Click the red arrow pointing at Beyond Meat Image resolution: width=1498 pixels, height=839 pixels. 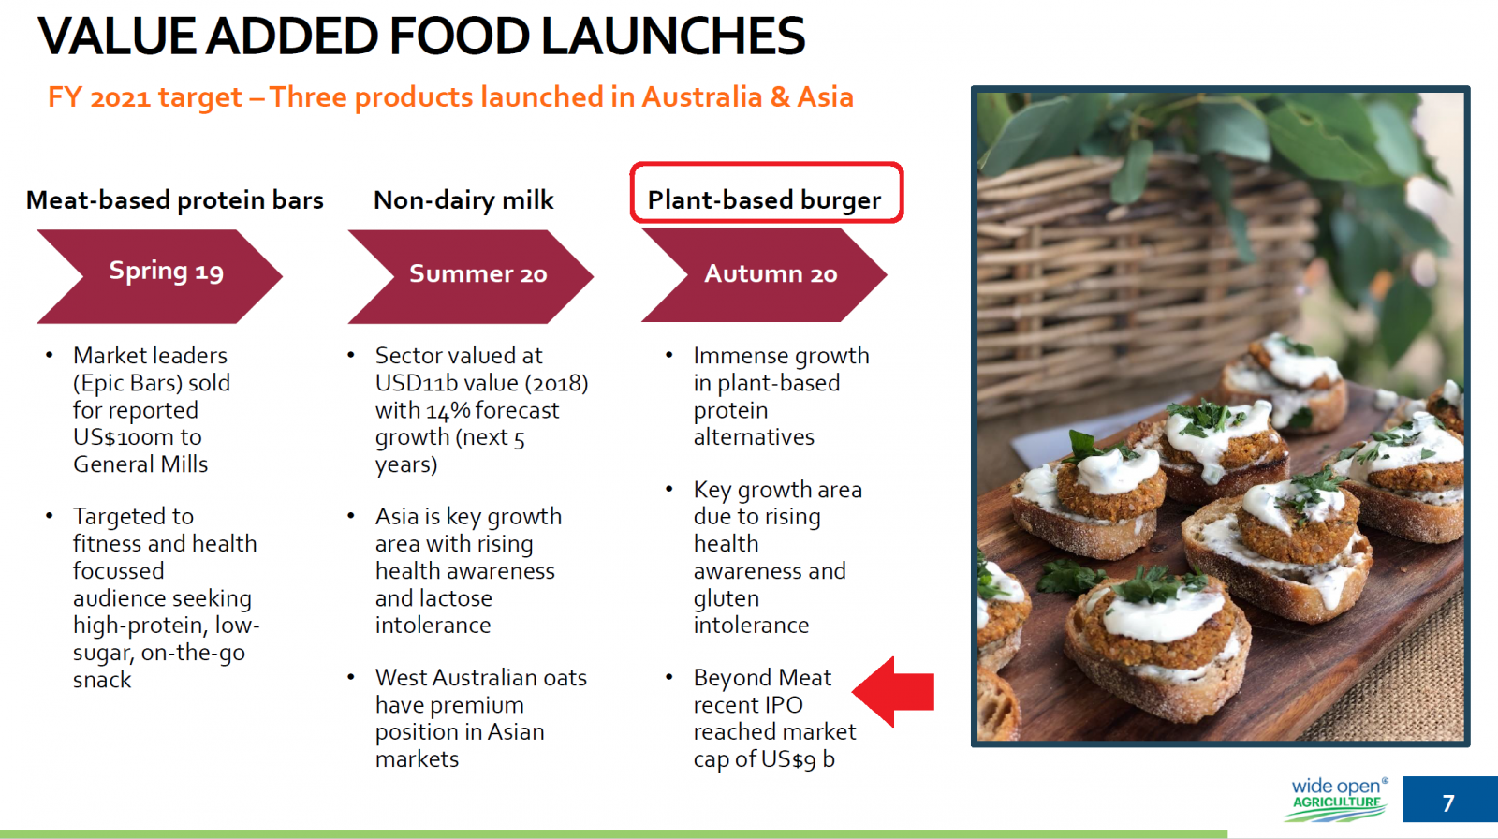click(x=893, y=691)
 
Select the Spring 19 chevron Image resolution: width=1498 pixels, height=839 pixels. click(x=159, y=276)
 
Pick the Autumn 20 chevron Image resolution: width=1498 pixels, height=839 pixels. click(x=764, y=275)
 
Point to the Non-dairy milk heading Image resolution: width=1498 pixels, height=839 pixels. click(x=463, y=200)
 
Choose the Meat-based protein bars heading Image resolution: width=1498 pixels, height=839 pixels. click(x=174, y=200)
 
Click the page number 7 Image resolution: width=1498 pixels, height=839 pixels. click(x=1448, y=802)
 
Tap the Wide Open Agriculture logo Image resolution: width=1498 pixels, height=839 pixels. click(x=1337, y=799)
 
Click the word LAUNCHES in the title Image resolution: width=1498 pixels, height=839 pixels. click(x=673, y=36)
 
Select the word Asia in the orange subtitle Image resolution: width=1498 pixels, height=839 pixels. click(x=825, y=97)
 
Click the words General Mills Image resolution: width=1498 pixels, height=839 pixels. click(x=140, y=464)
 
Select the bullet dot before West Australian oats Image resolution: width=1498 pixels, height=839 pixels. click(x=351, y=677)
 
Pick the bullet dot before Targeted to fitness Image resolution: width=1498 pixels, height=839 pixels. click(x=49, y=516)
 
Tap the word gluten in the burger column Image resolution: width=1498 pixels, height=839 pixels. click(x=727, y=598)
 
